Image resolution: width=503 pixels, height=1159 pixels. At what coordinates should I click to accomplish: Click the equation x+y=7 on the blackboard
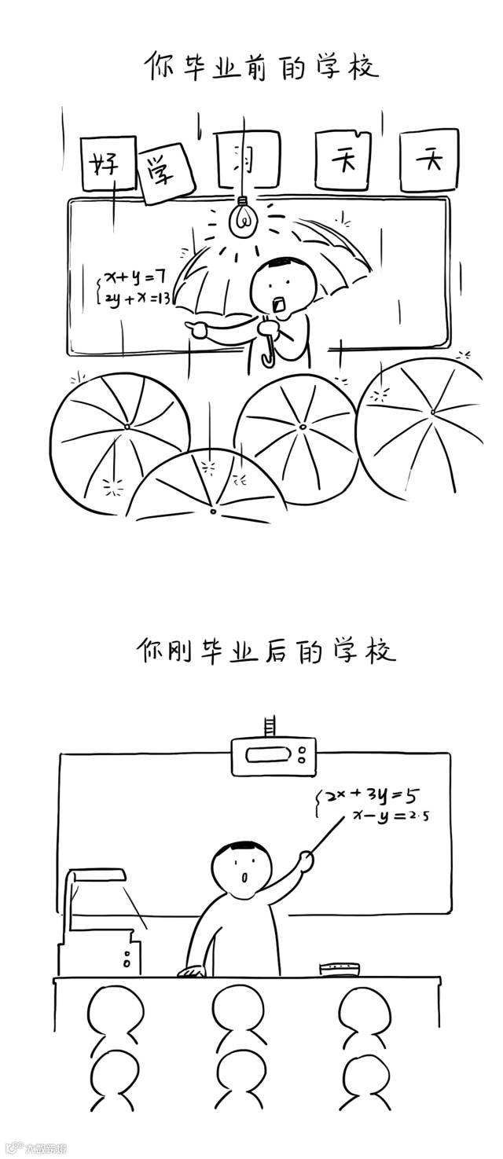(135, 277)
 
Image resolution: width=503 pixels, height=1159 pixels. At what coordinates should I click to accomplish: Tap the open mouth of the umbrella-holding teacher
(280, 303)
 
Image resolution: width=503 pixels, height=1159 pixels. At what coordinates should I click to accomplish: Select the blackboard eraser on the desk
(339, 966)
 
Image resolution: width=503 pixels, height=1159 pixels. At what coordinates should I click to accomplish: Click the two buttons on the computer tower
(127, 959)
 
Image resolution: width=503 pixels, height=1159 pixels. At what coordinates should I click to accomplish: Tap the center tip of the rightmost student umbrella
(431, 412)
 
